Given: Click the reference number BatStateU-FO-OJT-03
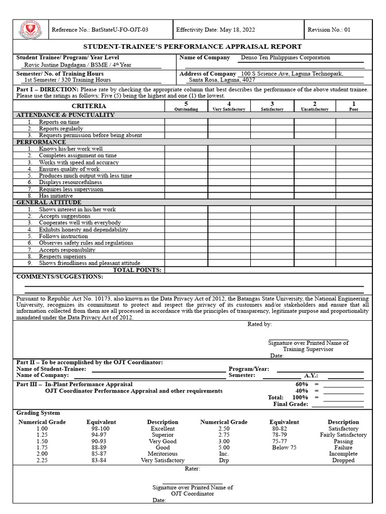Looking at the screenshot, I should pyautogui.click(x=100, y=30).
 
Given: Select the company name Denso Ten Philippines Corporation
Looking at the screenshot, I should pyautogui.click(x=285, y=58).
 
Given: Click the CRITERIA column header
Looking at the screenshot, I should pyautogui.click(x=89, y=106).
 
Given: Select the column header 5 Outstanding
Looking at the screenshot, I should pyautogui.click(x=186, y=106).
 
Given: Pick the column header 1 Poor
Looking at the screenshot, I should pyautogui.click(x=354, y=106).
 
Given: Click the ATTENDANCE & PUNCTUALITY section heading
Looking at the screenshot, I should pyautogui.click(x=66, y=115).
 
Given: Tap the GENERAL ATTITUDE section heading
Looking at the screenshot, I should pyautogui.click(x=49, y=202).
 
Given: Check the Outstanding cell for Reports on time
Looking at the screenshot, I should pyautogui.click(x=186, y=122).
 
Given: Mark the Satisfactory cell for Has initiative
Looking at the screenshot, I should pyautogui.click(x=272, y=196).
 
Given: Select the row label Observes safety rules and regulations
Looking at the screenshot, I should pyautogui.click(x=86, y=243).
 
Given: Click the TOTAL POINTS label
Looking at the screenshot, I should pyautogui.click(x=137, y=270).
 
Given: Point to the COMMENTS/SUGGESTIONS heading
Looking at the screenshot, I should pyautogui.click(x=60, y=277).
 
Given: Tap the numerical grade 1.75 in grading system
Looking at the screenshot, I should pyautogui.click(x=42, y=447).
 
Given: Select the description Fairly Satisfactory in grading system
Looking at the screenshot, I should pyautogui.click(x=343, y=435).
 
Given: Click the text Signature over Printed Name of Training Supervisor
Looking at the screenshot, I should pyautogui.click(x=308, y=346).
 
